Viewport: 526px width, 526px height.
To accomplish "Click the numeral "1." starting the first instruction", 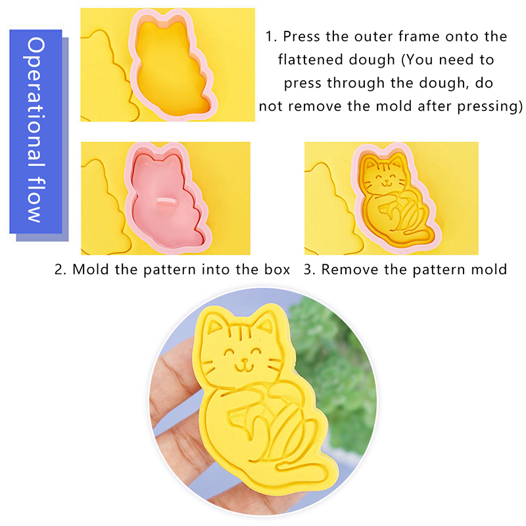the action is tap(271, 37).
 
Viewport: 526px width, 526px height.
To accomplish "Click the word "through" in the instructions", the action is tap(356, 84).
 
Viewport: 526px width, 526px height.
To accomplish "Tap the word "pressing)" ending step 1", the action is tap(490, 107).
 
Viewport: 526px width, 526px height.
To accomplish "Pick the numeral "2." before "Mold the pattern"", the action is tap(60, 270).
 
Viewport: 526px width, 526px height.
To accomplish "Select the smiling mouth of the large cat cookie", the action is tap(244, 366).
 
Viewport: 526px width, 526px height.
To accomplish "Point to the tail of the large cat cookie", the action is tap(302, 469).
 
